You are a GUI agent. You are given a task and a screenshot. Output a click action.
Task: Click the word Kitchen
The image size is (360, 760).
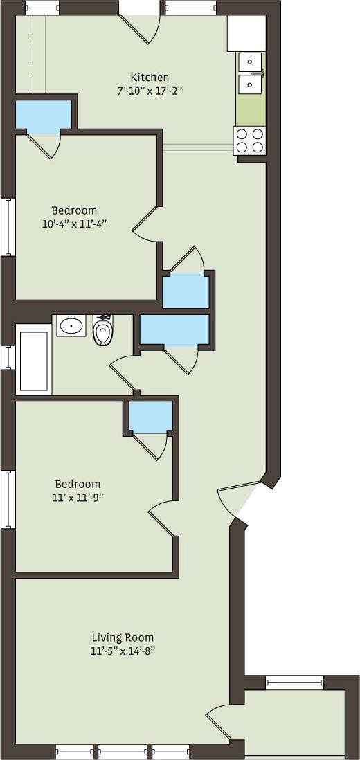(x=150, y=78)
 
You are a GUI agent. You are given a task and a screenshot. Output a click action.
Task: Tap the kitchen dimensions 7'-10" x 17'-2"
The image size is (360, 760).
(x=150, y=90)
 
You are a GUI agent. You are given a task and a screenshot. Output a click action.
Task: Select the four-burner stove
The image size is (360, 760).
(x=249, y=141)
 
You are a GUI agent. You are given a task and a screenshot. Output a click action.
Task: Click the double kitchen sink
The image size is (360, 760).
(x=250, y=73)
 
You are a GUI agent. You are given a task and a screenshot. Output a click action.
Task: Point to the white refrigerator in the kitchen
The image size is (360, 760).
(x=246, y=33)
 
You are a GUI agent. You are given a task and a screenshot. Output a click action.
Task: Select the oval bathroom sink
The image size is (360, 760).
(x=71, y=325)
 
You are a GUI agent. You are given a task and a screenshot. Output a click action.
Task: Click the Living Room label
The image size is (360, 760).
(x=123, y=637)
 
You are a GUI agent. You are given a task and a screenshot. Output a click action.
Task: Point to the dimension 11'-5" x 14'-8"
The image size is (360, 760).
(x=123, y=651)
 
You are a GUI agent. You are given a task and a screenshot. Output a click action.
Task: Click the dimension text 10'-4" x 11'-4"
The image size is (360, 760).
(x=74, y=223)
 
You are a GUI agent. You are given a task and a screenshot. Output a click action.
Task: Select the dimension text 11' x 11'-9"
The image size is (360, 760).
(x=78, y=497)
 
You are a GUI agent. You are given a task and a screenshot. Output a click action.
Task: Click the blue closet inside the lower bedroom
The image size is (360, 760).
(x=150, y=417)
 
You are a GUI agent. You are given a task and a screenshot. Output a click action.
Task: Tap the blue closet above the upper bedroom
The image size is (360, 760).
(x=44, y=116)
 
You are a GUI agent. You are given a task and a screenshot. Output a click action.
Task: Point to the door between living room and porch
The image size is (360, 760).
(x=220, y=723)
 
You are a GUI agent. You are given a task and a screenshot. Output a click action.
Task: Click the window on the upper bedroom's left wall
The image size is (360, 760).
(x=8, y=226)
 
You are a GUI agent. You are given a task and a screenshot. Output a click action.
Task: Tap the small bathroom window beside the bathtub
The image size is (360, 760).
(x=8, y=357)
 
